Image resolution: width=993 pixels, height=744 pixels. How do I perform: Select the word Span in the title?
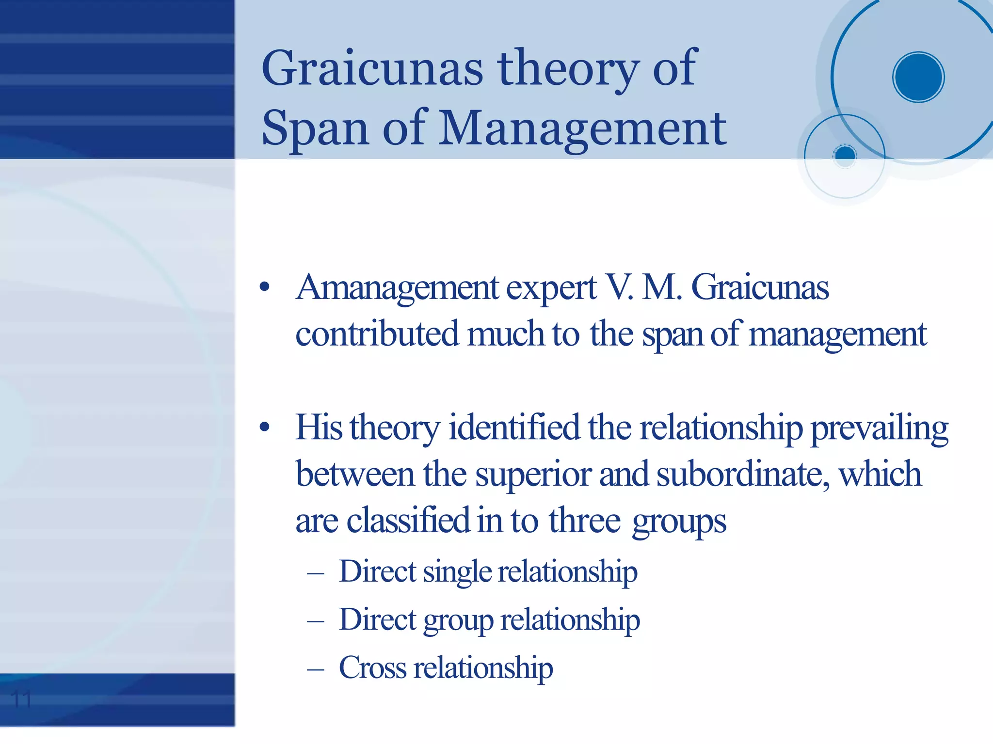[x=315, y=128]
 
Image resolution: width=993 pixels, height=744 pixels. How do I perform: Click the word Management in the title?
[x=582, y=128]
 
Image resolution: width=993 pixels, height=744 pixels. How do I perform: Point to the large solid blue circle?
[x=918, y=77]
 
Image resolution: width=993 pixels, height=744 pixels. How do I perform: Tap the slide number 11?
[x=21, y=699]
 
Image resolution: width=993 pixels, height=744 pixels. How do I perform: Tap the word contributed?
[x=377, y=334]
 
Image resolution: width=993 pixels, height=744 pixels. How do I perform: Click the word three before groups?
[x=584, y=521]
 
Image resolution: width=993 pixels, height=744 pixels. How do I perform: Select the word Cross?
[x=372, y=667]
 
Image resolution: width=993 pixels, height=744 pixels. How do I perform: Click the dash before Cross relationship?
[x=316, y=669]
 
